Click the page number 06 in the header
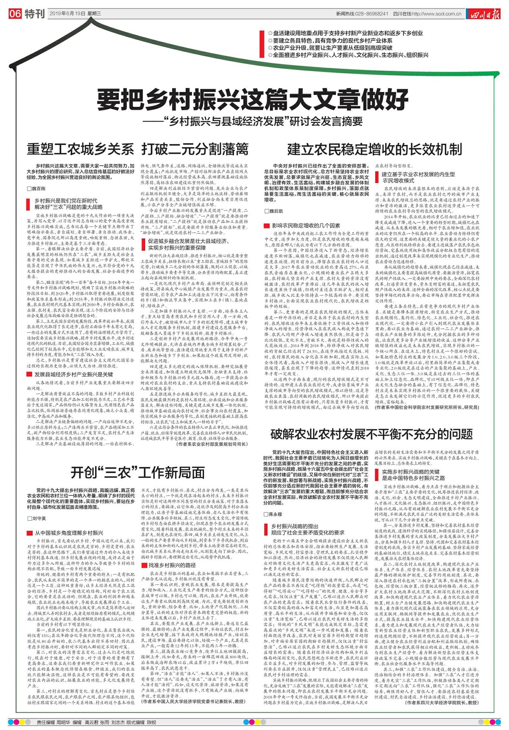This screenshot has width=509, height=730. click(15, 14)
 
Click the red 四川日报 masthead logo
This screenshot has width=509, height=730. click(484, 14)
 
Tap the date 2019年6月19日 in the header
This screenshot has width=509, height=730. click(67, 14)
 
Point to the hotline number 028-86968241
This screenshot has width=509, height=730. click(373, 14)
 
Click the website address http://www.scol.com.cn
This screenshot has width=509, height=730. click(437, 14)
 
